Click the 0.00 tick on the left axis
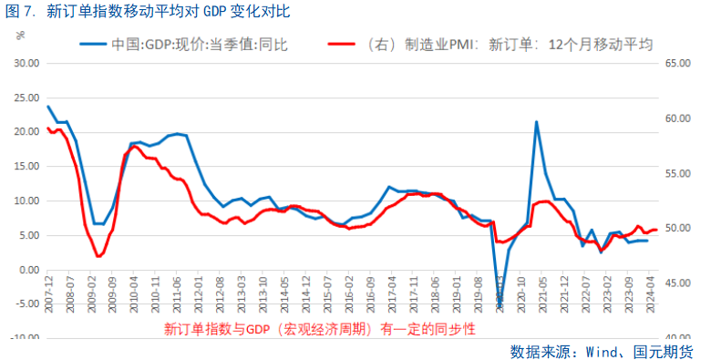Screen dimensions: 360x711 click(28, 270)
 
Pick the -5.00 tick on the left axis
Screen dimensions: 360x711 click(26, 304)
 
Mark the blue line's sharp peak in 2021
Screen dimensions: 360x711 click(536, 121)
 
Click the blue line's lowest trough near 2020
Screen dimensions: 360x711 click(500, 306)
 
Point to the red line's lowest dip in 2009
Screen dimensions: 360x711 click(98, 256)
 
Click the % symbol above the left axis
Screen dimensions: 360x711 click(20, 36)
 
